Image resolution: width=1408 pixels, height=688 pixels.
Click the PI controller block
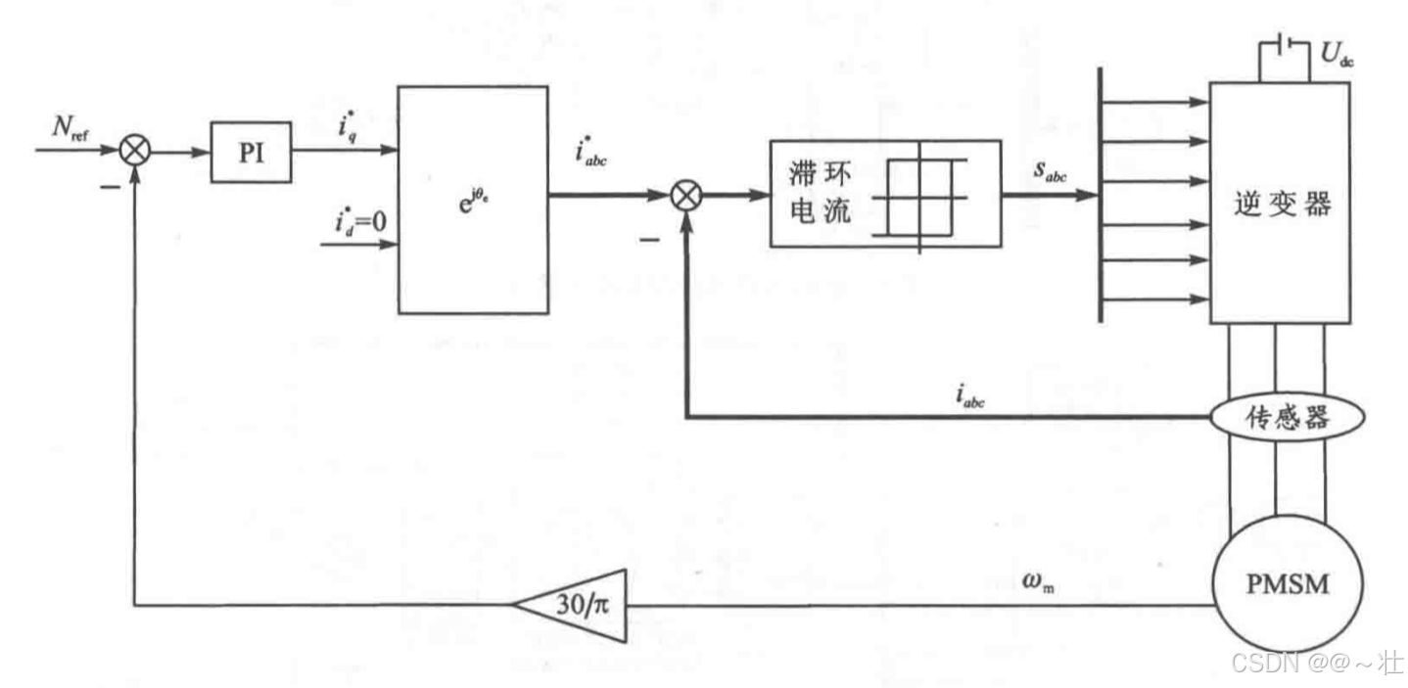pyautogui.click(x=252, y=153)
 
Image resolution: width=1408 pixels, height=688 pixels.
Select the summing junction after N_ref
pyautogui.click(x=133, y=152)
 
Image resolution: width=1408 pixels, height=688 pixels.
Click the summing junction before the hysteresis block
pyautogui.click(x=688, y=197)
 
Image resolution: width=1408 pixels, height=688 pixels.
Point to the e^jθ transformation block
pyautogui.click(x=473, y=199)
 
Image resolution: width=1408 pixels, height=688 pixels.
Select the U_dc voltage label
pyautogui.click(x=1336, y=56)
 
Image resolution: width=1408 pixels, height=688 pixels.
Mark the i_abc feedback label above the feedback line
pyautogui.click(x=972, y=395)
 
